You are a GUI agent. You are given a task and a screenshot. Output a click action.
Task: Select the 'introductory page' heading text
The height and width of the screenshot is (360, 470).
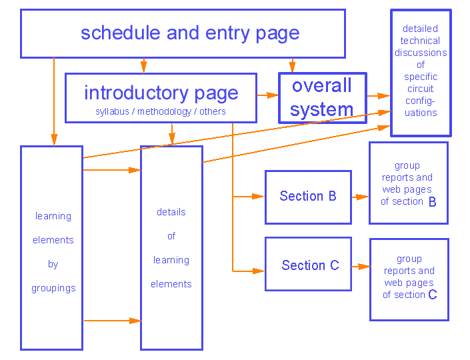point(161,93)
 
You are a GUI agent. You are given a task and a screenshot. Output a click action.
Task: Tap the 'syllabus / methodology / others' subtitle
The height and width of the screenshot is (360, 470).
point(160,111)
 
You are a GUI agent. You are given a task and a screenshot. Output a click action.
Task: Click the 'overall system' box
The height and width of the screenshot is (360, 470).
point(322,97)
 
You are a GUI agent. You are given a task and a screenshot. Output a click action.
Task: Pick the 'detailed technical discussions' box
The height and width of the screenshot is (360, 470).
point(421,72)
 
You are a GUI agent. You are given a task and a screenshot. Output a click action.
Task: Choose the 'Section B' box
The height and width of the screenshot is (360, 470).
point(308,197)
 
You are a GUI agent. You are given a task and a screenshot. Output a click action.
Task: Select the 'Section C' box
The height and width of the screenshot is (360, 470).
point(308,265)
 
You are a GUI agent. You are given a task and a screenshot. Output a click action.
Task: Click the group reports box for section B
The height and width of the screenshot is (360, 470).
point(408,183)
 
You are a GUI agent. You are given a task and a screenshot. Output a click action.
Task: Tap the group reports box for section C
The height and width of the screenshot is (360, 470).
point(409,279)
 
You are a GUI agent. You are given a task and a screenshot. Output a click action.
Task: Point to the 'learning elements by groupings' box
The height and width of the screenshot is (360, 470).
point(51,248)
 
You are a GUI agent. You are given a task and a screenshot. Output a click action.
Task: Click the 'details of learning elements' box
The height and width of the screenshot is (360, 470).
point(171,248)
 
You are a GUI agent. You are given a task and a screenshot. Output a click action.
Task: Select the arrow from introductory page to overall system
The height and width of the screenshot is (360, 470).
point(267,95)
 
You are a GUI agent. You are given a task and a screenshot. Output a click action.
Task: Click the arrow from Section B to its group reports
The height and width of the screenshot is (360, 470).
point(360,197)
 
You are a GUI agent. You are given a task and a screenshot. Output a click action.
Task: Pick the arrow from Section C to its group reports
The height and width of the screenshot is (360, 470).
point(361,267)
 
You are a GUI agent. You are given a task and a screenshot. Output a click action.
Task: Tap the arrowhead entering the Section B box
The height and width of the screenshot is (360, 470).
point(259,197)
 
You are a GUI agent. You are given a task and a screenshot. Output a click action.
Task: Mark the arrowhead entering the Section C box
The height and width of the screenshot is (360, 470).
point(259,271)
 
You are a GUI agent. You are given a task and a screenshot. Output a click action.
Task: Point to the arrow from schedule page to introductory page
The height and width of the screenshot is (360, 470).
point(143,65)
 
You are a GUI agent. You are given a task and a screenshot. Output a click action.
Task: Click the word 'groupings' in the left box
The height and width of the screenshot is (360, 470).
point(53,289)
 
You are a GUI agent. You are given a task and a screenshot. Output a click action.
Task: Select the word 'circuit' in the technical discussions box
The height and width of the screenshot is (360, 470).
point(420,89)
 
